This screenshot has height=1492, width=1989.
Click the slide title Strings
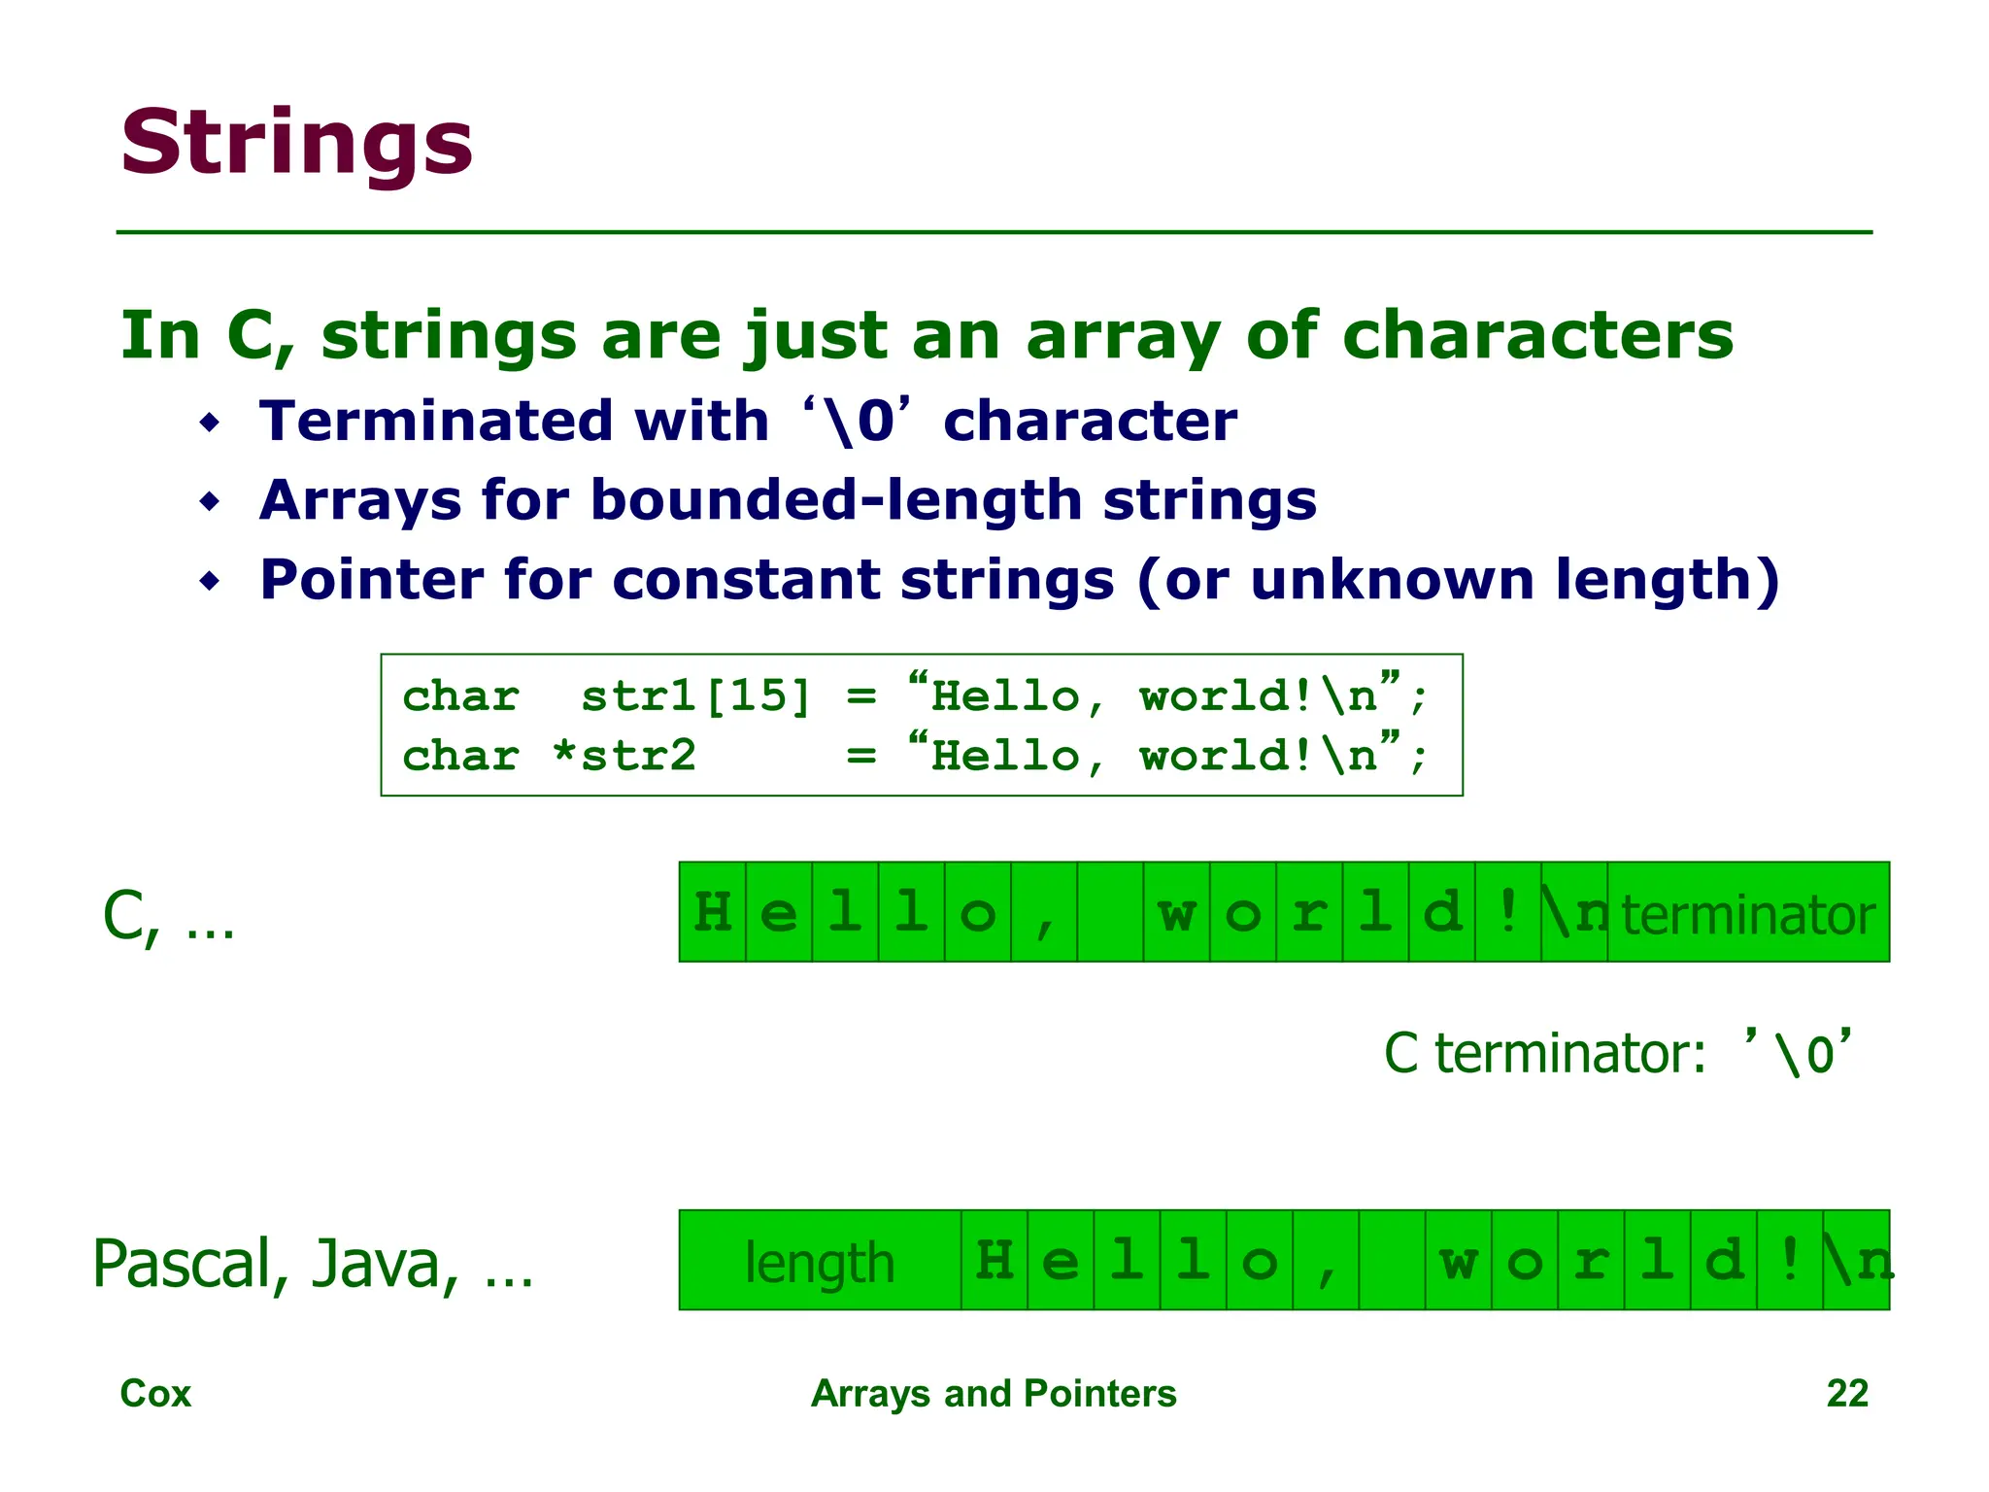[296, 143]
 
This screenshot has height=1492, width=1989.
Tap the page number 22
[1846, 1394]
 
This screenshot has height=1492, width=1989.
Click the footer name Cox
[155, 1394]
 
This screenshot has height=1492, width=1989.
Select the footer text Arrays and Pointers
[993, 1394]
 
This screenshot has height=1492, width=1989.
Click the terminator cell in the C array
[1748, 913]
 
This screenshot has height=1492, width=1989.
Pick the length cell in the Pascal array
[820, 1261]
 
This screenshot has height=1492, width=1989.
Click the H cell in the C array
[713, 913]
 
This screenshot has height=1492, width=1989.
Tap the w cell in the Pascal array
[1459, 1261]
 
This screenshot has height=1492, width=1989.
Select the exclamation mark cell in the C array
[1508, 913]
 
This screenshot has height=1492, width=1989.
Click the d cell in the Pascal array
[1724, 1261]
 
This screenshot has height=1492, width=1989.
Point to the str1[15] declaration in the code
[695, 696]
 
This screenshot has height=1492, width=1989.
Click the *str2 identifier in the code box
[624, 756]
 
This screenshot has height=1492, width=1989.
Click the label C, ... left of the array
[168, 917]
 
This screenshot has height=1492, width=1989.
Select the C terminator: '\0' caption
[1617, 1053]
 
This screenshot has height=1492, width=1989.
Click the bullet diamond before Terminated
[210, 424]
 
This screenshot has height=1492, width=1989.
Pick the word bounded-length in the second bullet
[835, 500]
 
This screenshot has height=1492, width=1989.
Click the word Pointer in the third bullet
[370, 580]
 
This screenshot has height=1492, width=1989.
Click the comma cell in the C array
[1044, 913]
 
